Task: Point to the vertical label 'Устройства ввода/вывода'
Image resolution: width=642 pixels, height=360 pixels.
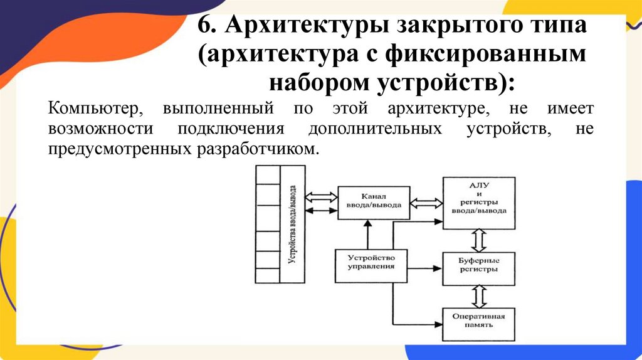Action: pos(292,224)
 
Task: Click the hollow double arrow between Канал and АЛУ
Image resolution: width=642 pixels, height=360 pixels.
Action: pos(426,202)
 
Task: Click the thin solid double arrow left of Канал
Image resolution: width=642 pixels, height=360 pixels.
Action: pos(322,212)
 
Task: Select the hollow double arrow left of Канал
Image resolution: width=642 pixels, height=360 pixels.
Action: pos(322,195)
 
